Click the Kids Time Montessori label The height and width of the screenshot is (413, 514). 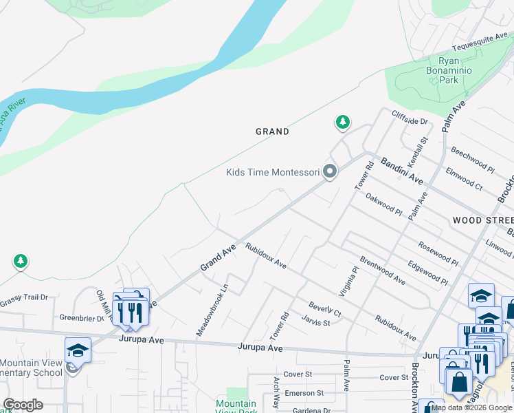[273, 171]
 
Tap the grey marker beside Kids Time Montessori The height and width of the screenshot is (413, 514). [331, 171]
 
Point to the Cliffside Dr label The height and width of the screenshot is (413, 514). [410, 118]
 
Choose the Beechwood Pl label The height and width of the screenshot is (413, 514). [471, 160]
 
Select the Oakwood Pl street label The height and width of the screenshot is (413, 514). [383, 205]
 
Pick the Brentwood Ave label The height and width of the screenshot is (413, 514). [382, 272]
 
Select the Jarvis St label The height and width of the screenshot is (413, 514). [317, 322]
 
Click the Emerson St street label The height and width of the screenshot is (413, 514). [305, 393]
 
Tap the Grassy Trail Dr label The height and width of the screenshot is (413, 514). [24, 297]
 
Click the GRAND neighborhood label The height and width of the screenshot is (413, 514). [272, 131]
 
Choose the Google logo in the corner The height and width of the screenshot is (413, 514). [23, 404]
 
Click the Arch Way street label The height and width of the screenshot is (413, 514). [276, 394]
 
